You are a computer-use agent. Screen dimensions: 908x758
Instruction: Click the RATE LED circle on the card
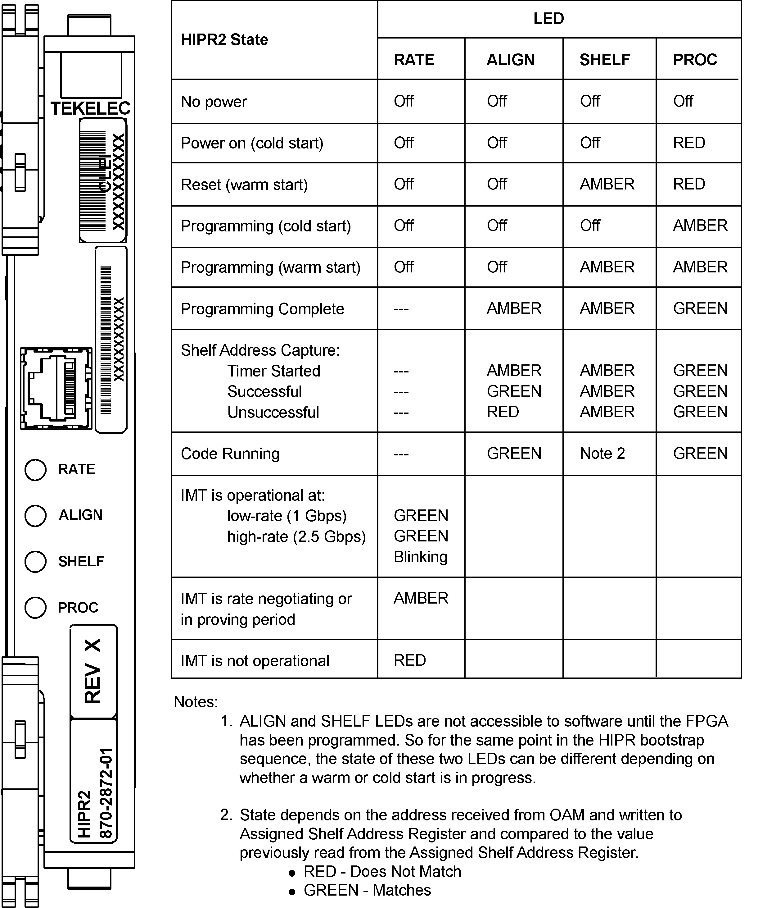[35, 470]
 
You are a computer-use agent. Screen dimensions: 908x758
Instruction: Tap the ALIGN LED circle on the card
[35, 516]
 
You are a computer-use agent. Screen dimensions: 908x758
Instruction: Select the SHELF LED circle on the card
[35, 562]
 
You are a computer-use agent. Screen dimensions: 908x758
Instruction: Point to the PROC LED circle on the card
[35, 608]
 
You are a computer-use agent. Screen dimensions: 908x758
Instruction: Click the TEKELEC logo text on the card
[90, 108]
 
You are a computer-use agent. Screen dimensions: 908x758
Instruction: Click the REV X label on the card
[93, 671]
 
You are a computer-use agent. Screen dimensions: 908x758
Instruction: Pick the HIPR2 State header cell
[224, 40]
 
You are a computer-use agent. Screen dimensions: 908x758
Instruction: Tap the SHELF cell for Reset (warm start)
[607, 184]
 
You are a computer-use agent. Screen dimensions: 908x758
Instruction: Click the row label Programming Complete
[262, 309]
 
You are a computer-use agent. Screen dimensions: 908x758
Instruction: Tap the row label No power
[214, 102]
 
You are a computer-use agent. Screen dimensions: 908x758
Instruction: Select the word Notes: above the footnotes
[196, 702]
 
